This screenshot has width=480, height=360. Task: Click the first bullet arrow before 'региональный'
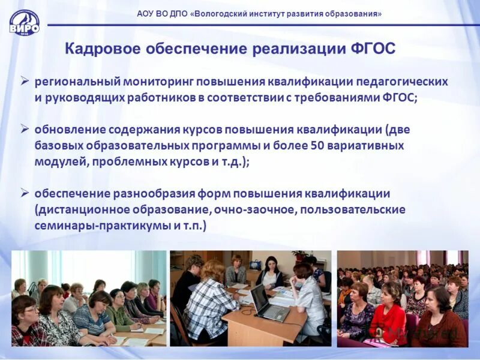(25, 80)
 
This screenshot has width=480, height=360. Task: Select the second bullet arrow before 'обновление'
(25, 128)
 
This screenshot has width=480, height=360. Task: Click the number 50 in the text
(318, 146)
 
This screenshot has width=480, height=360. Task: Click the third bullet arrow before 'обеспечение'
(25, 193)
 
